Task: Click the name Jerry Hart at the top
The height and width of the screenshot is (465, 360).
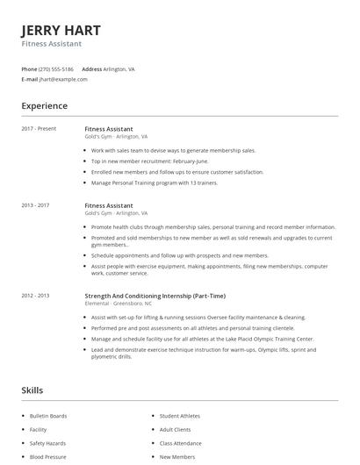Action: click(61, 28)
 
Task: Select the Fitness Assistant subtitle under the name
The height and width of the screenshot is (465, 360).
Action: click(52, 43)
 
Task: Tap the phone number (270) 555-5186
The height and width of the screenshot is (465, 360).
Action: click(57, 68)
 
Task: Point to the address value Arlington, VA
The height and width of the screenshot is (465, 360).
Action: click(119, 68)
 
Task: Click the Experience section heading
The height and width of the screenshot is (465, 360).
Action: click(44, 106)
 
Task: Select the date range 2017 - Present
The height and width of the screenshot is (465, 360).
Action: click(39, 129)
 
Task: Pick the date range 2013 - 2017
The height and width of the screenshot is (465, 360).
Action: click(36, 205)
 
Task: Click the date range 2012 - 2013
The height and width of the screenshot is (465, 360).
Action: click(36, 296)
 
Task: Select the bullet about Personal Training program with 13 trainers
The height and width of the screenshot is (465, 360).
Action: click(155, 182)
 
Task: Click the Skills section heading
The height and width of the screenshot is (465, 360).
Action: click(32, 390)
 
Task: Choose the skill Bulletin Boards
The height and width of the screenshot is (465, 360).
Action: click(48, 416)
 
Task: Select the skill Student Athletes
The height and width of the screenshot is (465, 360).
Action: click(180, 416)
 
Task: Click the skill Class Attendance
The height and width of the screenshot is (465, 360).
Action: click(181, 444)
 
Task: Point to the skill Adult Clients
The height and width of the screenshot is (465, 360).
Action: click(176, 430)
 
